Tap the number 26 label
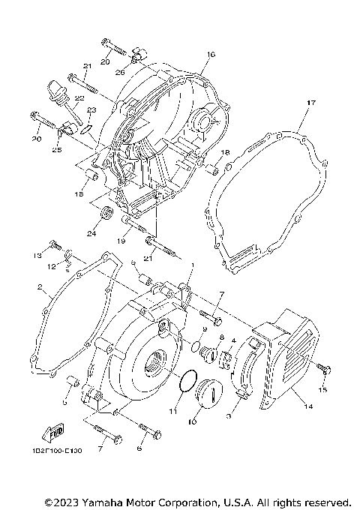[119, 73]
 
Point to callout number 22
[79, 98]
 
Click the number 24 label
[91, 233]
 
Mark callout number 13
[36, 256]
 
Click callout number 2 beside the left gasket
[38, 287]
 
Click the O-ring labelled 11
[187, 382]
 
